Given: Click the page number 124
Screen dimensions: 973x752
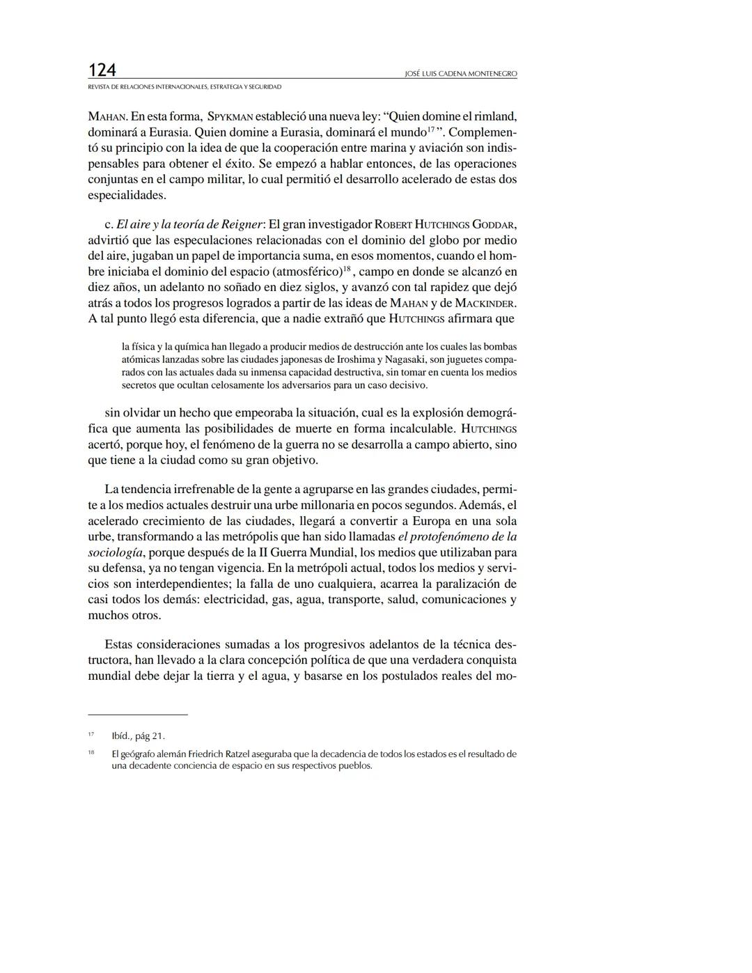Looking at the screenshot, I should (x=102, y=70).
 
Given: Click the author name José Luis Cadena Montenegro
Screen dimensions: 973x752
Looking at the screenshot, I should (x=460, y=74).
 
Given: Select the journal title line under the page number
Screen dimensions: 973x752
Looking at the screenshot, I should (x=185, y=87).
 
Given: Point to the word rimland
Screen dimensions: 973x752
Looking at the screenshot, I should (x=494, y=116).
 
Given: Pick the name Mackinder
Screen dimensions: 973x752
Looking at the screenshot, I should (x=485, y=304).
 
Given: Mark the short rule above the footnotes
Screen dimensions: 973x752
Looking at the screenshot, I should (x=138, y=715).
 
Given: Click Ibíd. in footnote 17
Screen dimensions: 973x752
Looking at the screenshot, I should (x=121, y=736).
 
